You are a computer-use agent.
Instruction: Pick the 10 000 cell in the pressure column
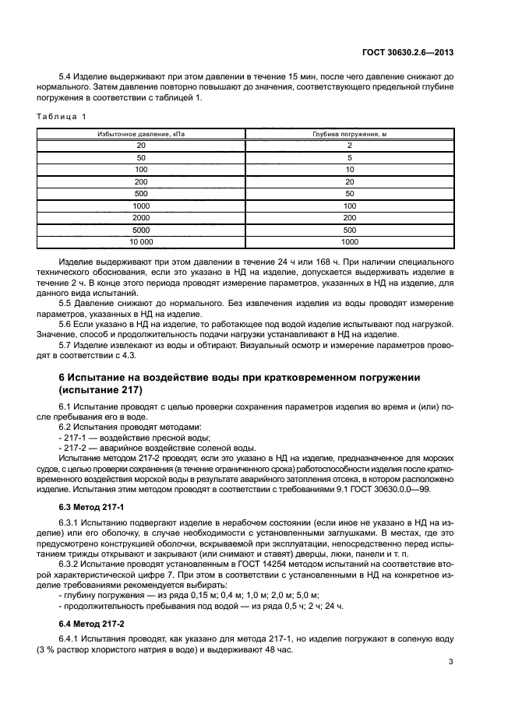coord(142,242)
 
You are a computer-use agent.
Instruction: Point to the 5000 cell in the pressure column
coord(142,230)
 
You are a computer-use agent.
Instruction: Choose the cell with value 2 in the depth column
coord(350,146)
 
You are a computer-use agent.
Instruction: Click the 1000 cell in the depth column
coord(350,242)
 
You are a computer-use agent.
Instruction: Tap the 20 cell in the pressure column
coord(142,146)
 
